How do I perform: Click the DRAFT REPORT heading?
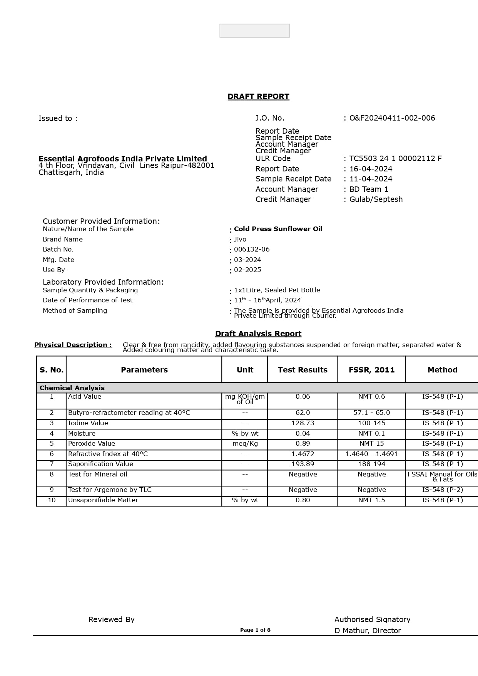(258, 97)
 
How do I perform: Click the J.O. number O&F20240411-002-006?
(392, 118)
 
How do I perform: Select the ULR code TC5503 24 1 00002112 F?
(395, 159)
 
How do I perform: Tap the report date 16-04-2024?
(371, 169)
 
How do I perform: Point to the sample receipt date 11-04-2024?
(371, 179)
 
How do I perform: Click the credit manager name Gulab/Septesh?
(376, 200)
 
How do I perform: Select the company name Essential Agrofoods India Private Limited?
(123, 159)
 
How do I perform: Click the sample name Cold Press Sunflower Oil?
(278, 229)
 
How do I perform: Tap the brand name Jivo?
(240, 240)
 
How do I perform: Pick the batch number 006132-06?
(252, 250)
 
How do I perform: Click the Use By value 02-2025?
(247, 270)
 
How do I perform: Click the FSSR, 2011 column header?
(371, 370)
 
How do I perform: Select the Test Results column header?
(303, 370)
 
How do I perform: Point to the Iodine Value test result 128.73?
(303, 423)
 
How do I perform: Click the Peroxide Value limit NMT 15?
(371, 444)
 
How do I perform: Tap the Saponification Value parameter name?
(100, 464)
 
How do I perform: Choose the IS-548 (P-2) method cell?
(442, 490)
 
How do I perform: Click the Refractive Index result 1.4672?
(303, 454)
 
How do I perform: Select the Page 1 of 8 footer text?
(255, 630)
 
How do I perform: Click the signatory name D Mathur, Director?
(368, 631)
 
